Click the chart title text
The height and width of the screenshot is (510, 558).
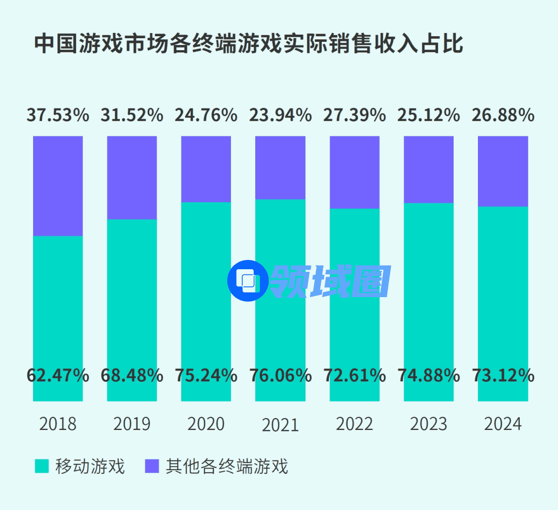coord(249,44)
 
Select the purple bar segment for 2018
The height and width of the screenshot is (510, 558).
coord(58,186)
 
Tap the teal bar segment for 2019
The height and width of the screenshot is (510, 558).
coord(132,289)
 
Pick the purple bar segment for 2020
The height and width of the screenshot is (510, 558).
coord(206,168)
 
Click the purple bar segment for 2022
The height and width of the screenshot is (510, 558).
coord(354,172)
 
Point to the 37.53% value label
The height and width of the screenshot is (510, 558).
coord(58,115)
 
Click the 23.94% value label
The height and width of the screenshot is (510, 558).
coord(281,115)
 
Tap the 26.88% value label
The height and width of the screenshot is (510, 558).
coord(503,115)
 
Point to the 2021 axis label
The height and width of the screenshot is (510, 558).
coord(281,425)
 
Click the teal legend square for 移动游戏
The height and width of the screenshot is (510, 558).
coord(41,466)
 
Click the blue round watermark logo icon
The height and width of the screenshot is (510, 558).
coord(247,281)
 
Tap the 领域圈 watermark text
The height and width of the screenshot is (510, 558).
coord(330,282)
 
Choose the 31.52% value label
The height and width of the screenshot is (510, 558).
coord(132,115)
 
